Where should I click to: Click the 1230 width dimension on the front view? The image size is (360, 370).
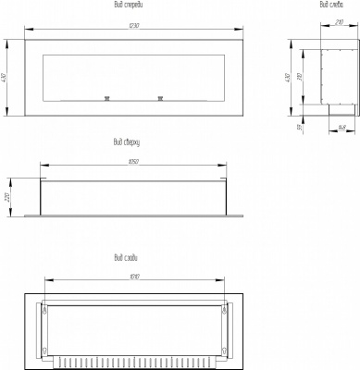point(134,24)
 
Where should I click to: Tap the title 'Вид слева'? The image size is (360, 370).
point(331,6)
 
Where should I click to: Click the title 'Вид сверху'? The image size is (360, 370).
point(128,143)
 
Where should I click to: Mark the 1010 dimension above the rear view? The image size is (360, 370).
point(134,276)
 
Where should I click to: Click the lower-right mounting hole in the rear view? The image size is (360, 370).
point(224,349)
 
